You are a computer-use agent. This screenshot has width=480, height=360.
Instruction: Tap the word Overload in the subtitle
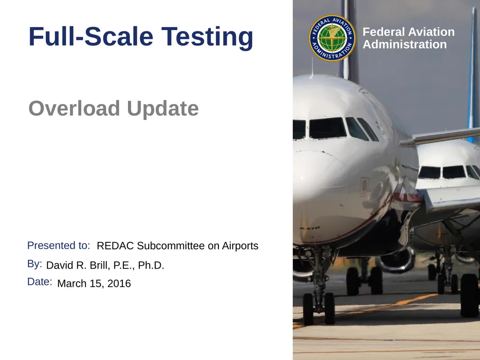tap(74, 109)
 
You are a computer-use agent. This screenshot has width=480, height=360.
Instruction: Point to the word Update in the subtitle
tap(163, 109)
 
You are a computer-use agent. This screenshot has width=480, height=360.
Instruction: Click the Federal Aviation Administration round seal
tap(332, 38)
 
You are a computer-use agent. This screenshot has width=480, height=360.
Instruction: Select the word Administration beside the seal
tap(405, 45)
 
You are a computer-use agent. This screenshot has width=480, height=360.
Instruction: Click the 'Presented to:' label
tap(59, 246)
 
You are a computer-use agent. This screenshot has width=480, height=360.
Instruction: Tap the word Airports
tap(240, 246)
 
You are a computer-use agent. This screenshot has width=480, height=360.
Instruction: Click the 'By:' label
tap(35, 264)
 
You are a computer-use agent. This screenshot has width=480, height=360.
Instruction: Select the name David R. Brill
tap(78, 266)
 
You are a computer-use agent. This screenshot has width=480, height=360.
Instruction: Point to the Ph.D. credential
tap(151, 266)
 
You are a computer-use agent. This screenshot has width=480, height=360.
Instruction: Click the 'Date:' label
tap(39, 282)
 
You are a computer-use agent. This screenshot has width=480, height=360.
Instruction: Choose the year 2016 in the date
tap(119, 284)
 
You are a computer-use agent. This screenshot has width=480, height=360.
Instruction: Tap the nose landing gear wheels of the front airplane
tap(319, 308)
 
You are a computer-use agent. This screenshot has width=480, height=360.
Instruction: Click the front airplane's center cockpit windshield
tap(327, 128)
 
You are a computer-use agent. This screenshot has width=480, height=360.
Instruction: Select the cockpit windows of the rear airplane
tap(448, 172)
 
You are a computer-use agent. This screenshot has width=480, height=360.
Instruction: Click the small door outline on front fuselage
tap(364, 186)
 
